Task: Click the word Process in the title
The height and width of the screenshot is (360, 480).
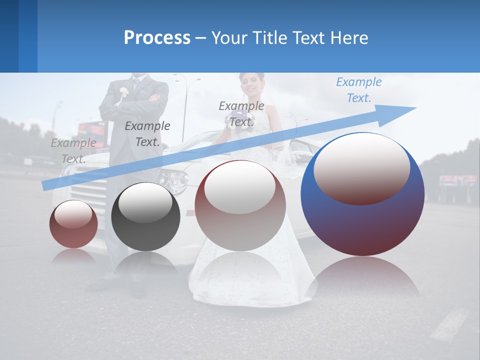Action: click(157, 38)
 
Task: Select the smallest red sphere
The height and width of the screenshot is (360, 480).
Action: click(73, 224)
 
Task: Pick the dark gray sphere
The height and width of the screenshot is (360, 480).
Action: click(145, 217)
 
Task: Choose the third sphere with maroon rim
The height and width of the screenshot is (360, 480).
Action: click(240, 206)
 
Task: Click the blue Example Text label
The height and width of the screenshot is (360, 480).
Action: click(358, 90)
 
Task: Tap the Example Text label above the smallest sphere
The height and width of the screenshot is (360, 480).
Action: click(73, 151)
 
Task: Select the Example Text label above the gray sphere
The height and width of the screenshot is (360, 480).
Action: click(147, 134)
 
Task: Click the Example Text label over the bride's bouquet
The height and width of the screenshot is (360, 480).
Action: click(241, 113)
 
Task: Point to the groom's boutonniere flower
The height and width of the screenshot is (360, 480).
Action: click(123, 92)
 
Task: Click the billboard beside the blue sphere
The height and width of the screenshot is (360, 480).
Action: click(457, 180)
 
